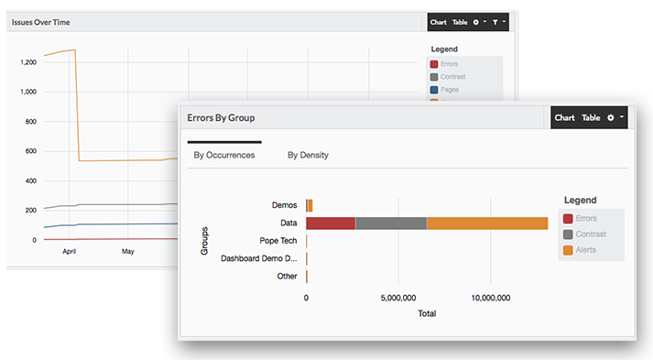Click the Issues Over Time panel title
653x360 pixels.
pos(40,22)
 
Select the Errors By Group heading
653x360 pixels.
pos(221,118)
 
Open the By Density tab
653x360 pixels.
pos(308,155)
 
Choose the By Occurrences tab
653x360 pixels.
pos(224,155)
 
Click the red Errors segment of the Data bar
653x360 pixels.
pos(331,223)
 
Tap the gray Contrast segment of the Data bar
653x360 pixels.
pos(391,223)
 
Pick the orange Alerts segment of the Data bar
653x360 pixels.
pos(487,223)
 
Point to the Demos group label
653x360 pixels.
pos(284,205)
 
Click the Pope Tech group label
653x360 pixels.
pos(278,241)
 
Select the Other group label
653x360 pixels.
pos(286,276)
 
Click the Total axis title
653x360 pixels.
pos(427,313)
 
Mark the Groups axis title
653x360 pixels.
pos(204,241)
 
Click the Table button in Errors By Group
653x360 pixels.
pos(591,117)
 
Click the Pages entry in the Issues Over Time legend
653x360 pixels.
pos(449,90)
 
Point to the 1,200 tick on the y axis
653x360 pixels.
pos(27,62)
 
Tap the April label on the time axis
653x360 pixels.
pos(68,250)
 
